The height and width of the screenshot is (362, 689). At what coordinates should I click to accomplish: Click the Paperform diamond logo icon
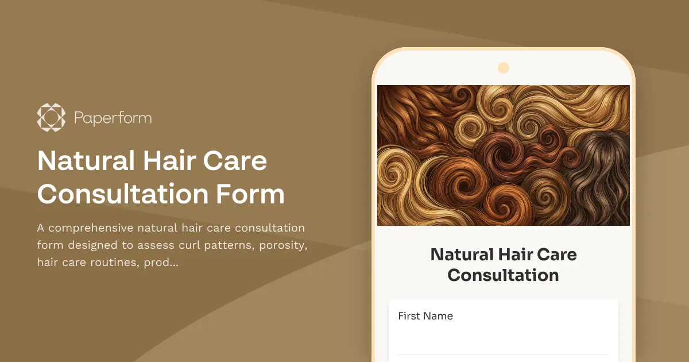coord(51,118)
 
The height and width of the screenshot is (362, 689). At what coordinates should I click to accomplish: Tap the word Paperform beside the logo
coord(113,118)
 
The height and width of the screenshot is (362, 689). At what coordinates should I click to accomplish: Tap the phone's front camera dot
coord(504,68)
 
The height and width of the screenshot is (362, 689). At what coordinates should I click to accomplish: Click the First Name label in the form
coord(425,316)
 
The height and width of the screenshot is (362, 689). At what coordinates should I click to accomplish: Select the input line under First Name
coord(503,353)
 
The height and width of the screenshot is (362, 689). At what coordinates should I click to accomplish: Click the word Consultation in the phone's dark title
coord(503,275)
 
